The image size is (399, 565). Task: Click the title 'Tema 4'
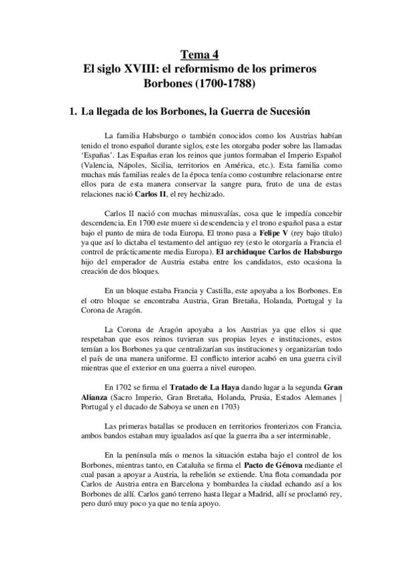[199, 55]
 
